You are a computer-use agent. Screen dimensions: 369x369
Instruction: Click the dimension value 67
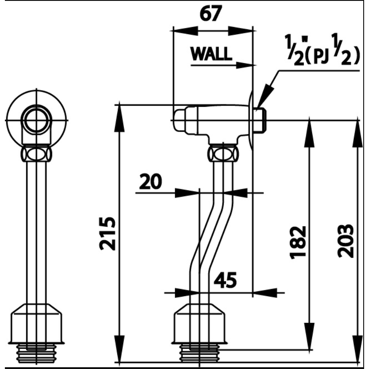coord(210,13)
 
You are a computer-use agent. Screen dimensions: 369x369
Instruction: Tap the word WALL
coord(211,54)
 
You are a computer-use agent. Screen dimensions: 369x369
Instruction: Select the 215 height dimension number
coord(107,234)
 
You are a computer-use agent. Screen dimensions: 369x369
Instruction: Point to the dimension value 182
coord(298,242)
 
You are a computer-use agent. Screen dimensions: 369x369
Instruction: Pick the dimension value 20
coord(150,182)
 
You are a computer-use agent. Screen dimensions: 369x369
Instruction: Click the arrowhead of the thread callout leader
coord(264,96)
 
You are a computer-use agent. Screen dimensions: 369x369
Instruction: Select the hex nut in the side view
coord(223,154)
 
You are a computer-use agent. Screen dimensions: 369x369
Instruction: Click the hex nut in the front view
coord(36,154)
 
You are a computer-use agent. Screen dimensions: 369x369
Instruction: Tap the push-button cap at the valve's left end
coord(180,120)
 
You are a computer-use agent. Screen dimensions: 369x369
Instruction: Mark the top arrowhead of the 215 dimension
coord(119,117)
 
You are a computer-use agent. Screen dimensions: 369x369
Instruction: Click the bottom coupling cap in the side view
coord(199,324)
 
